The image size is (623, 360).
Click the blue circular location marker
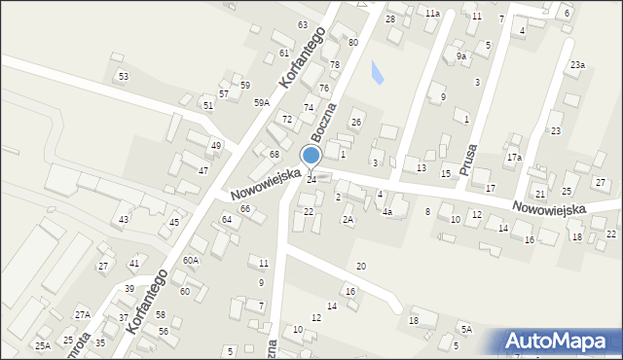[311, 156]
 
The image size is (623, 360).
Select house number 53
[124, 76]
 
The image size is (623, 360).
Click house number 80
[352, 43]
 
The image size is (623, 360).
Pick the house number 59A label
[262, 102]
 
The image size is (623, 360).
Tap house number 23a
[577, 65]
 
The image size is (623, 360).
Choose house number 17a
[514, 158]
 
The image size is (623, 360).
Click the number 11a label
[432, 14]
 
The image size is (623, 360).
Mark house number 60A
[191, 260]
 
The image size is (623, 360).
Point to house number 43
[124, 220]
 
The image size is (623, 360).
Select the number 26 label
[356, 122]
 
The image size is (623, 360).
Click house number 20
[361, 266]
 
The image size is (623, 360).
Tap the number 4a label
[386, 211]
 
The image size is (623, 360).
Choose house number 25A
[43, 345]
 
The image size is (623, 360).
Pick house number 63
[303, 24]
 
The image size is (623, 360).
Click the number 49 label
[216, 146]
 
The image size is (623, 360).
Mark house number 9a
[461, 57]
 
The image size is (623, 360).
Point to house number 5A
[466, 330]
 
